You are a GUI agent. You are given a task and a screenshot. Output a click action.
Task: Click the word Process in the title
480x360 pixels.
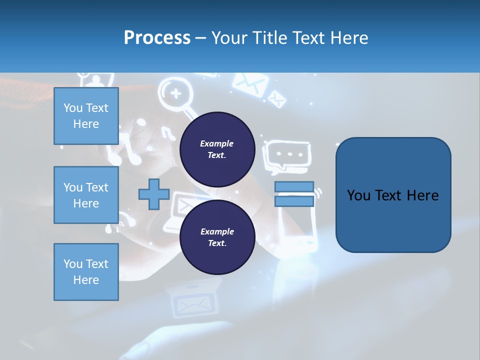tap(157, 38)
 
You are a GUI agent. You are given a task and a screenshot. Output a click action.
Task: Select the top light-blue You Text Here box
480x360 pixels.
tap(86, 116)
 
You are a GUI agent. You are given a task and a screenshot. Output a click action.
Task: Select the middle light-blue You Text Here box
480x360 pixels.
tap(86, 195)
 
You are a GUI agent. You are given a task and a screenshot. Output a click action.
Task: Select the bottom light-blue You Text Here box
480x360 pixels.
tap(86, 272)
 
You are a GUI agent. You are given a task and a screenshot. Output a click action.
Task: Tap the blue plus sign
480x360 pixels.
tap(154, 194)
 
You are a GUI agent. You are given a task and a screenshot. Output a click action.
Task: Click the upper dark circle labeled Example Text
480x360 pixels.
tap(217, 149)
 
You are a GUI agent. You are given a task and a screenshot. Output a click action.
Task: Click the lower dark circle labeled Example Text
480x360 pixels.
tap(217, 237)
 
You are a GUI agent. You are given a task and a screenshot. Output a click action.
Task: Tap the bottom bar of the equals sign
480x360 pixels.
tap(294, 201)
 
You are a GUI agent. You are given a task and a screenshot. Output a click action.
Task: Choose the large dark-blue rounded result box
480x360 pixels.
tap(393, 195)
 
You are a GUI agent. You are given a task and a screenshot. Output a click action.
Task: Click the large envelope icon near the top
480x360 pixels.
tap(248, 83)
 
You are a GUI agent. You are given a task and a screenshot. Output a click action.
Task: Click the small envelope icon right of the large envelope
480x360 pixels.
tap(276, 98)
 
